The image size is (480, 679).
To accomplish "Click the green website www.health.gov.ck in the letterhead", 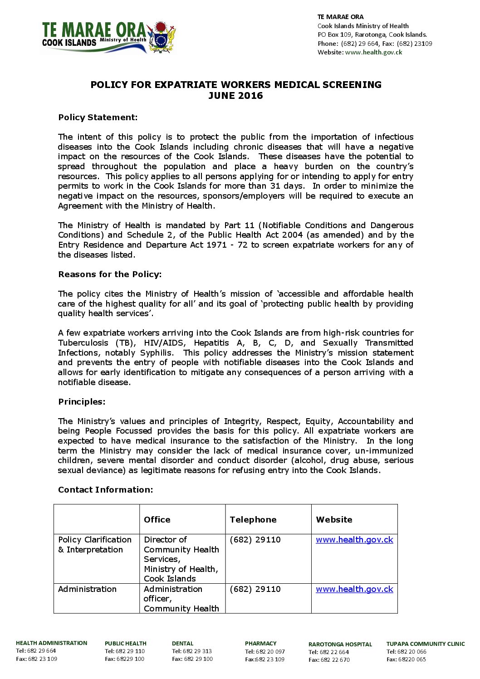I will [373, 52].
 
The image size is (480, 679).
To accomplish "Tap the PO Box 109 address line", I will [372, 34].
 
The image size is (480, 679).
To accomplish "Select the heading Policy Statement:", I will [98, 117].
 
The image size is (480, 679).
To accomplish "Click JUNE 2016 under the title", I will [235, 96].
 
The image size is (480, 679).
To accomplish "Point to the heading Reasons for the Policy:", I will [110, 274].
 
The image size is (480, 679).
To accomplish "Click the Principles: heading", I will [82, 402].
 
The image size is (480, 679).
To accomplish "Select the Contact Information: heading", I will [105, 490].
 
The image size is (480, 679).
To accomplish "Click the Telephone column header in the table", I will [253, 520].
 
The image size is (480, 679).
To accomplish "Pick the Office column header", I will [157, 520].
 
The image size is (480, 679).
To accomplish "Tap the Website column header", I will [334, 520].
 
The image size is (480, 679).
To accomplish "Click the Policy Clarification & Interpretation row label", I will [94, 545].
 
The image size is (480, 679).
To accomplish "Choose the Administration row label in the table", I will [87, 589].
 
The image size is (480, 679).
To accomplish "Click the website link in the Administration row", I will [354, 589].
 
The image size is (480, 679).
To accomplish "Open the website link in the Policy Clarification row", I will [354, 540].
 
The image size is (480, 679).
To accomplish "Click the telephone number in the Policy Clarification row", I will [255, 540].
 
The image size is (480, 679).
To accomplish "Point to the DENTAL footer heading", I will [182, 644].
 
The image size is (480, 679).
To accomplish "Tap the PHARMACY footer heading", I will [260, 644].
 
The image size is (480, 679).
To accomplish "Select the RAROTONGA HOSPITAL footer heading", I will [340, 645].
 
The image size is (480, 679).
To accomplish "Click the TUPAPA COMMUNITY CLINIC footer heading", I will [425, 644].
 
